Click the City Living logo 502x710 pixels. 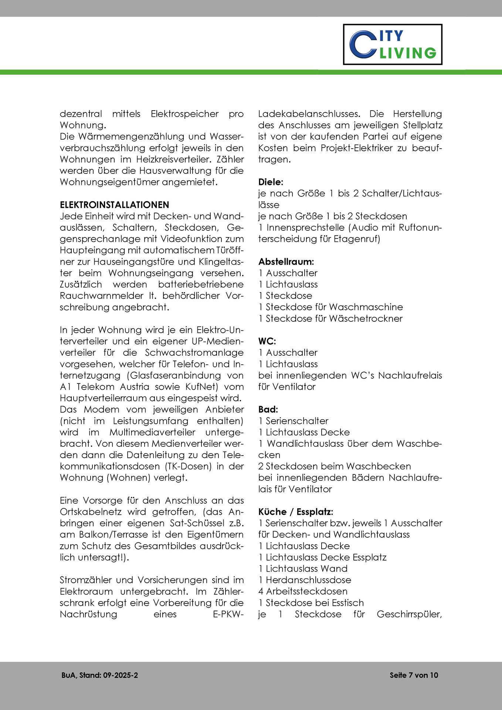pyautogui.click(x=392, y=44)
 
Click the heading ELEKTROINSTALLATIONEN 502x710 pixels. pyautogui.click(x=114, y=204)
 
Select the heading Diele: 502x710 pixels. pyautogui.click(x=271, y=182)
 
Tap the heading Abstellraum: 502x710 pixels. pyautogui.click(x=286, y=261)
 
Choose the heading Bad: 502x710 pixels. pyautogui.click(x=268, y=409)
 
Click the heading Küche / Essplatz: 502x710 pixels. pyautogui.click(x=296, y=512)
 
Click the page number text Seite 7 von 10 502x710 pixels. pyautogui.click(x=414, y=675)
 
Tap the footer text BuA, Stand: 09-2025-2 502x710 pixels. pyautogui.click(x=100, y=675)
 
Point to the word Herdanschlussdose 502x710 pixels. pyautogui.click(x=308, y=580)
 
